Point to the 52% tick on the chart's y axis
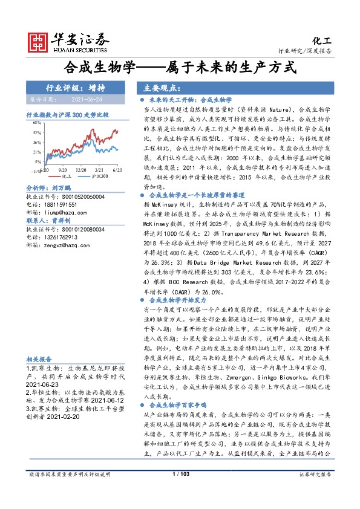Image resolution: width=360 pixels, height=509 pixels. pyautogui.click(x=38, y=132)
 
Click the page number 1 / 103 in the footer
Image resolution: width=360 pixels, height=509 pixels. pyautogui.click(x=181, y=491)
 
